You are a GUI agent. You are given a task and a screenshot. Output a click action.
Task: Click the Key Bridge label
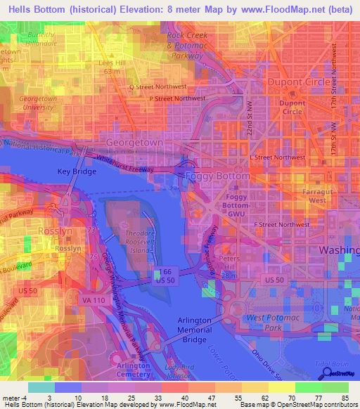point(74,171)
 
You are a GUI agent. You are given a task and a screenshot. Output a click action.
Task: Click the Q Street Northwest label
point(157,87)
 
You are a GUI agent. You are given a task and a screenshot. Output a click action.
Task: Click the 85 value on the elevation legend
point(346,399)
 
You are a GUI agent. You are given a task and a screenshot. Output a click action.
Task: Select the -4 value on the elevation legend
point(12,399)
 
